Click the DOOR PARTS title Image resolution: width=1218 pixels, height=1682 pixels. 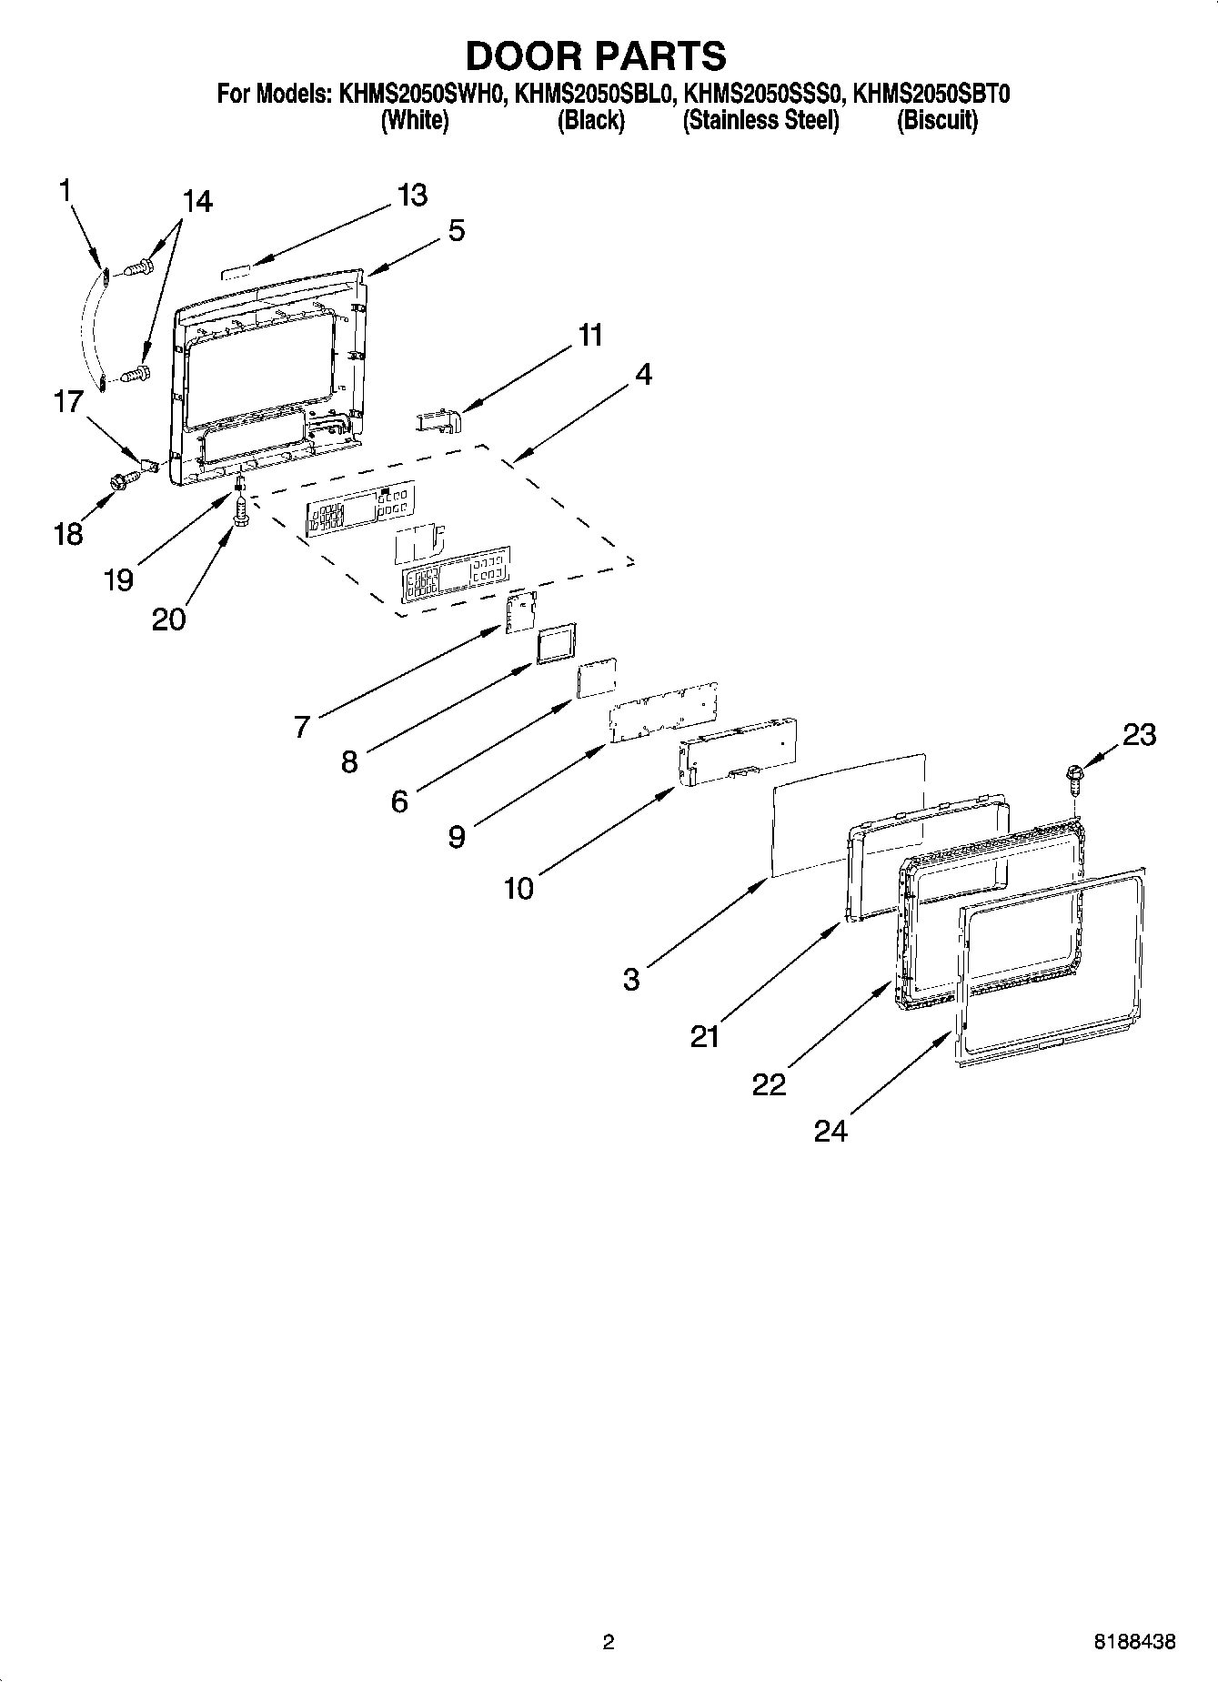[x=596, y=55]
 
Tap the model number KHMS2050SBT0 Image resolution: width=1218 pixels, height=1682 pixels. [x=931, y=94]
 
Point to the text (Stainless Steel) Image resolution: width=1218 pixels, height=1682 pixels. [x=760, y=121]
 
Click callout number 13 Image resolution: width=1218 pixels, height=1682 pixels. [x=412, y=195]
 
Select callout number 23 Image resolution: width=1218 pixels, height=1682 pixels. [x=1139, y=734]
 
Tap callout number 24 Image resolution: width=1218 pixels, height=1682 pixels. [x=830, y=1131]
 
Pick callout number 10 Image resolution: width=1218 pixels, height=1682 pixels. [x=518, y=888]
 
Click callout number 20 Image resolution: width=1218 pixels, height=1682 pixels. [x=169, y=619]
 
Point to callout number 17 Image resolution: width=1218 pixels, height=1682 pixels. [x=69, y=401]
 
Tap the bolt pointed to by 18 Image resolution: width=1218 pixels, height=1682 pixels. [x=118, y=482]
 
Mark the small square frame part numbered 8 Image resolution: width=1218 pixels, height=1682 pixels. [x=556, y=644]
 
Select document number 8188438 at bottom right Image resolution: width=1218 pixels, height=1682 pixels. [x=1134, y=1641]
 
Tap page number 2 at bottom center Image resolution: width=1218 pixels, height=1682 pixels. [x=609, y=1641]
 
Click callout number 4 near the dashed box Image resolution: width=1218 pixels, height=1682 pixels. [x=643, y=374]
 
